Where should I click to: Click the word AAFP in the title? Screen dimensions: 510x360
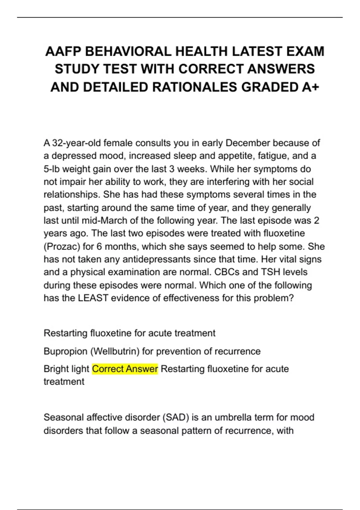(63, 51)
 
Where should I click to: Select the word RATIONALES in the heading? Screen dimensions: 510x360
(195, 87)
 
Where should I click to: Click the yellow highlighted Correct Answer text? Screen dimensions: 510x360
(125, 369)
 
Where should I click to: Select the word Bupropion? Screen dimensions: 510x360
(65, 351)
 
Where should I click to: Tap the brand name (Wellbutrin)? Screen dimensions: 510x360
(115, 351)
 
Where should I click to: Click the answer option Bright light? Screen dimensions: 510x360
(66, 369)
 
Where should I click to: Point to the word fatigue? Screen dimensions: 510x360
(270, 156)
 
